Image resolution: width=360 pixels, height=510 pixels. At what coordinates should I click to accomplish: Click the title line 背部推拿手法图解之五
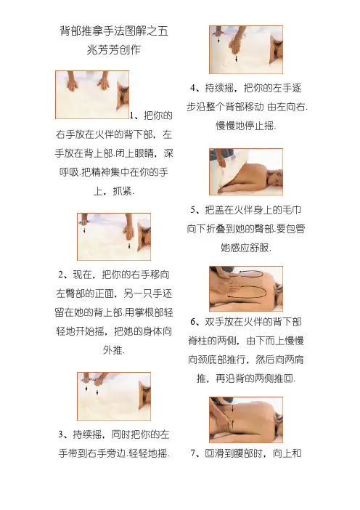114,31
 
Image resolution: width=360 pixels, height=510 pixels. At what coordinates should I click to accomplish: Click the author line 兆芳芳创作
114,49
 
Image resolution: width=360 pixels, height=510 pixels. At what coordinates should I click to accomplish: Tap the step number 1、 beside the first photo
135,116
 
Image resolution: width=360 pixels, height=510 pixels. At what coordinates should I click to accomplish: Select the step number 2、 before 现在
64,275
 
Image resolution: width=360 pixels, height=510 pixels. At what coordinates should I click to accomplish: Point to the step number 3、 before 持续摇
64,434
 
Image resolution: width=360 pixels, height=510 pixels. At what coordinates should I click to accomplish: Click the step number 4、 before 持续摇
196,88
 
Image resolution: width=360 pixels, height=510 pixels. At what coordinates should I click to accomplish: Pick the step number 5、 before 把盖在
196,210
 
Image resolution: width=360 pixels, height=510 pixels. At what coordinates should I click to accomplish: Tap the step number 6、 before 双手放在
196,322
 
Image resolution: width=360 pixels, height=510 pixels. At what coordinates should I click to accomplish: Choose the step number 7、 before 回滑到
196,453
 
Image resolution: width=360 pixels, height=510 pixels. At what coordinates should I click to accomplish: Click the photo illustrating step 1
92,94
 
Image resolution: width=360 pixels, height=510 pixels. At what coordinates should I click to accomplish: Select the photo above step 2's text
114,237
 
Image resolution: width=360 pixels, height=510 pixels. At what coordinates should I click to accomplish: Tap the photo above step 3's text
114,396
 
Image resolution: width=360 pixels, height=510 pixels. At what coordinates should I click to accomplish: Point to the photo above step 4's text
246,49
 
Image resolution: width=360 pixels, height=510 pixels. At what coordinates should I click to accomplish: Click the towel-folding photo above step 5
246,171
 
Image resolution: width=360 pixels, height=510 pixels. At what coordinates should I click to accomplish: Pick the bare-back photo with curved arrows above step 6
246,288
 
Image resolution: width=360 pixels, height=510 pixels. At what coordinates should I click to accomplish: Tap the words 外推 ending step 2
113,350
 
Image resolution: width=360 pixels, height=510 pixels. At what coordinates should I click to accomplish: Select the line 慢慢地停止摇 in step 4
246,126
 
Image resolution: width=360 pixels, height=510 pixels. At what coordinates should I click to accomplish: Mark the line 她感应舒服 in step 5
246,248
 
